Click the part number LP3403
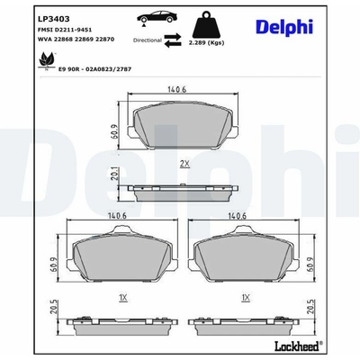tap(54, 19)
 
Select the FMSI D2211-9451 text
tap(65, 30)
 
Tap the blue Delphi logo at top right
tap(284, 27)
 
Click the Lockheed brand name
tap(297, 346)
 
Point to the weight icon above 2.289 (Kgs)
tap(206, 25)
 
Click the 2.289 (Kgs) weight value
tap(206, 43)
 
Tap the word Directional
tap(148, 40)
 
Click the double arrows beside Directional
tap(173, 40)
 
